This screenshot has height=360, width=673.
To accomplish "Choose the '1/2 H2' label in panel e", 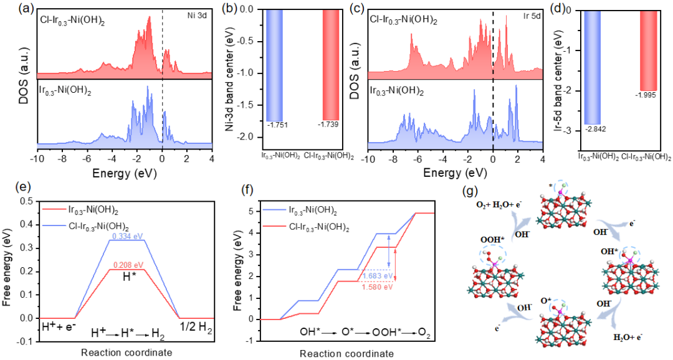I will tap(199, 326).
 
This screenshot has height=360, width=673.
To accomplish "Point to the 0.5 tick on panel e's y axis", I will tap(26, 201).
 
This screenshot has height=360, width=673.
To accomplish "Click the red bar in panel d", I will tap(649, 50).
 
